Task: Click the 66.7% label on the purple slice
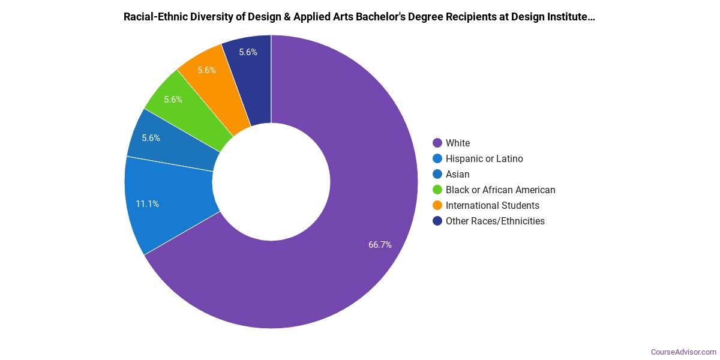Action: click(x=380, y=245)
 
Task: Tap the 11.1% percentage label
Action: click(x=147, y=204)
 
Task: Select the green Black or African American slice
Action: click(x=180, y=108)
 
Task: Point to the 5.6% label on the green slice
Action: click(x=173, y=100)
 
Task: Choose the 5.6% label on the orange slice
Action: click(x=206, y=70)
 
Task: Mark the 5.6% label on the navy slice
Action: click(x=248, y=52)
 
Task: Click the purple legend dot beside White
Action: click(x=437, y=143)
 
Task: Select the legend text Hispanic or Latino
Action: click(x=484, y=158)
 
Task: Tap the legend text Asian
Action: click(x=457, y=174)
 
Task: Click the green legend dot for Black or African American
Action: click(x=437, y=190)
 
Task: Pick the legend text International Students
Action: click(x=492, y=205)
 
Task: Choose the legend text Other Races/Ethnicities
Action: click(x=495, y=221)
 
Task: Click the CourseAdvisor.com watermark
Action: click(x=683, y=352)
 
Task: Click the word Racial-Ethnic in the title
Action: click(x=157, y=17)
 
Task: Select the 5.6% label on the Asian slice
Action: click(x=151, y=138)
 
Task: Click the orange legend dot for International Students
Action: click(x=437, y=205)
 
